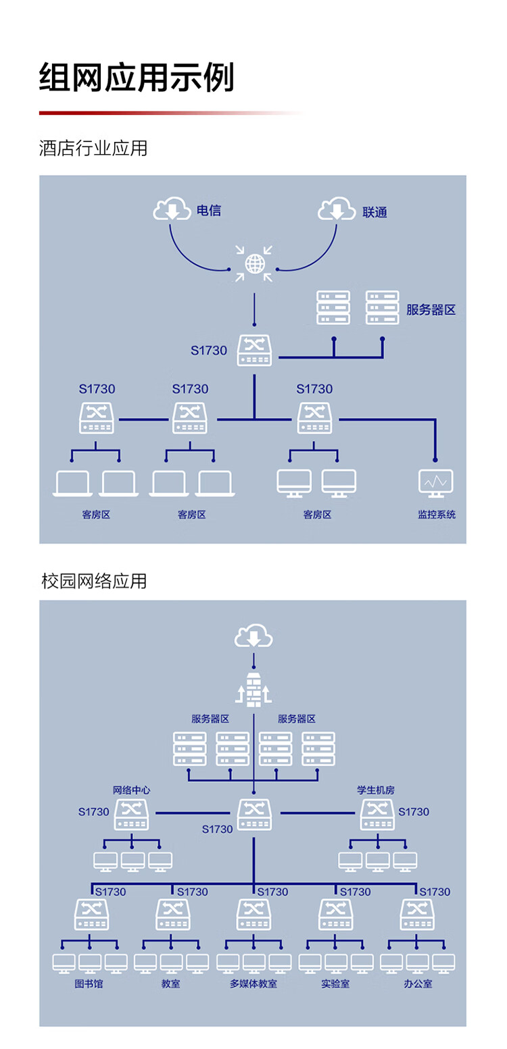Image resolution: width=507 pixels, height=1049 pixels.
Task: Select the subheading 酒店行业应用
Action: (93, 148)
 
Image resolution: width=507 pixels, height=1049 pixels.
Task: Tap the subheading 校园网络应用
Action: (93, 581)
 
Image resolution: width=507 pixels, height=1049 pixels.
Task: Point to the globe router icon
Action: (254, 263)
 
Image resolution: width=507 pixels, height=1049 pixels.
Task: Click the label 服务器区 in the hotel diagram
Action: (431, 310)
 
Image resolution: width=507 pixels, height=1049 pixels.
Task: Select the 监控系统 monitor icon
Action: (436, 483)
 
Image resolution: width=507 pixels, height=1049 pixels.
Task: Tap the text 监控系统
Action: (437, 515)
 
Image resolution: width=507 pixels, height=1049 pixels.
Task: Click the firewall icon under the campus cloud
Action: (254, 689)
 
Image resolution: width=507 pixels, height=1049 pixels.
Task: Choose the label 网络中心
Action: (131, 789)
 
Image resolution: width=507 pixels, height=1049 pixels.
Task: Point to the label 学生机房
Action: (376, 789)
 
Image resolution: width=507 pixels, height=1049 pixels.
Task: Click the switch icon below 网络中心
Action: (131, 814)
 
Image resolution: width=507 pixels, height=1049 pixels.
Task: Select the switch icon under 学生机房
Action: (377, 814)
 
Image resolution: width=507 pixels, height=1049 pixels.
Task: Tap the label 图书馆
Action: (89, 983)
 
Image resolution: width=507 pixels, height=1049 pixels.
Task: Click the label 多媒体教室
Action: (254, 983)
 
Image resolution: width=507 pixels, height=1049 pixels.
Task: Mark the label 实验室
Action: (335, 983)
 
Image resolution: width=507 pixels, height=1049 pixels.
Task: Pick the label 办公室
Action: (418, 983)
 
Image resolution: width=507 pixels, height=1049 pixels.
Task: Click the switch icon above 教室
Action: (172, 914)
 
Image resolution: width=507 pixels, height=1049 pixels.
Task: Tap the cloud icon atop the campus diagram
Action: (254, 636)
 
